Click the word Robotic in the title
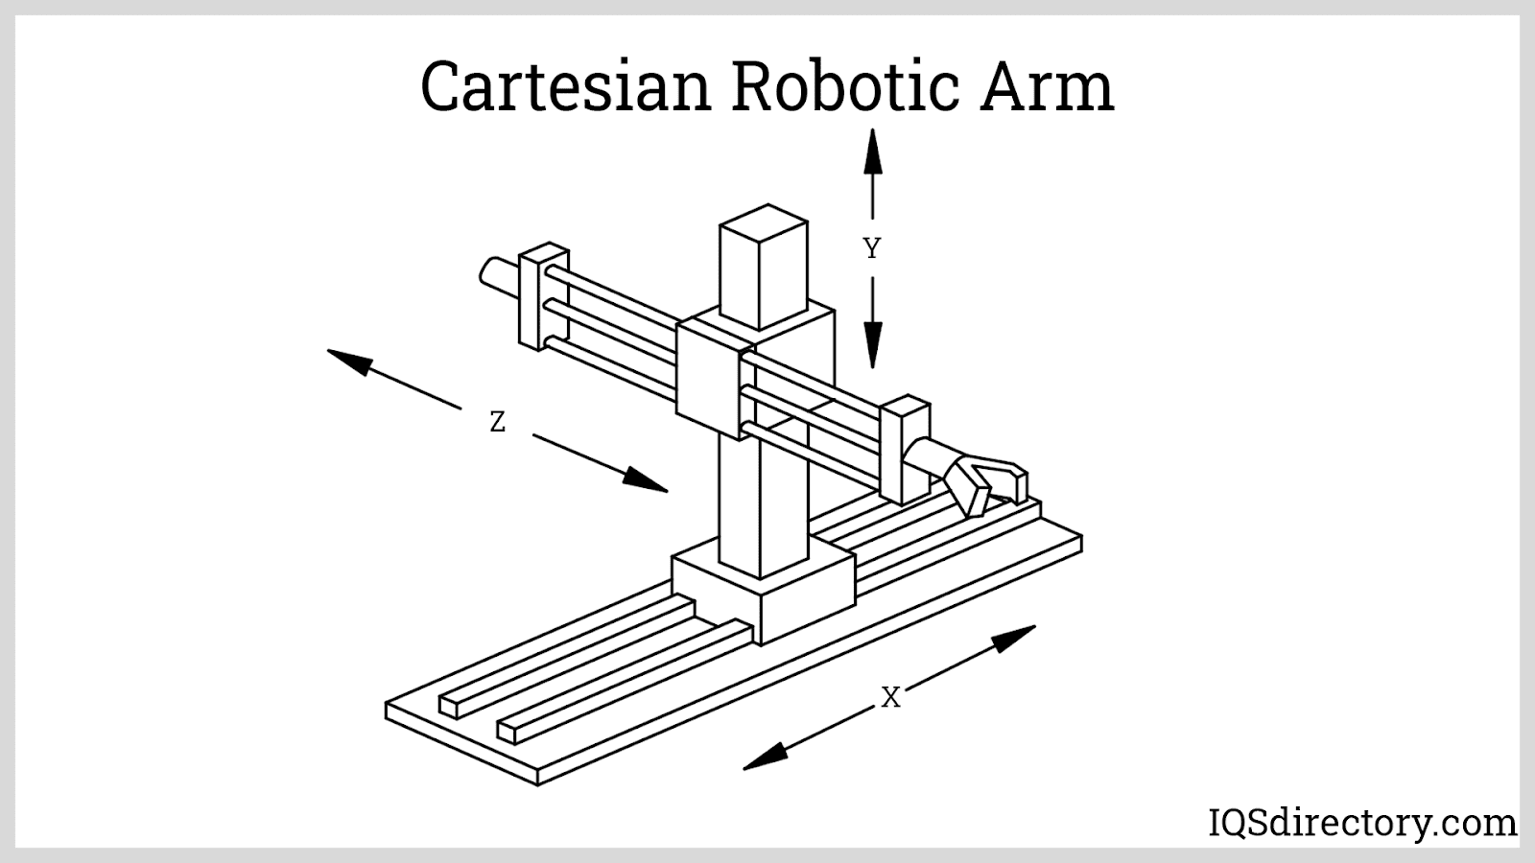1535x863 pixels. (x=844, y=86)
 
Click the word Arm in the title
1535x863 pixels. (x=1046, y=86)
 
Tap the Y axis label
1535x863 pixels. (x=871, y=249)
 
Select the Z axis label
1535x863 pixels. (x=497, y=422)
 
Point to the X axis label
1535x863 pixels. (x=891, y=698)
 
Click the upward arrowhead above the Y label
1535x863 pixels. (x=872, y=152)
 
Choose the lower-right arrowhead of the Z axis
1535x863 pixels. (x=645, y=480)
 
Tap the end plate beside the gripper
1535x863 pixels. (x=904, y=449)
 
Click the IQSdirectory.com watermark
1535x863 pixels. (x=1359, y=822)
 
